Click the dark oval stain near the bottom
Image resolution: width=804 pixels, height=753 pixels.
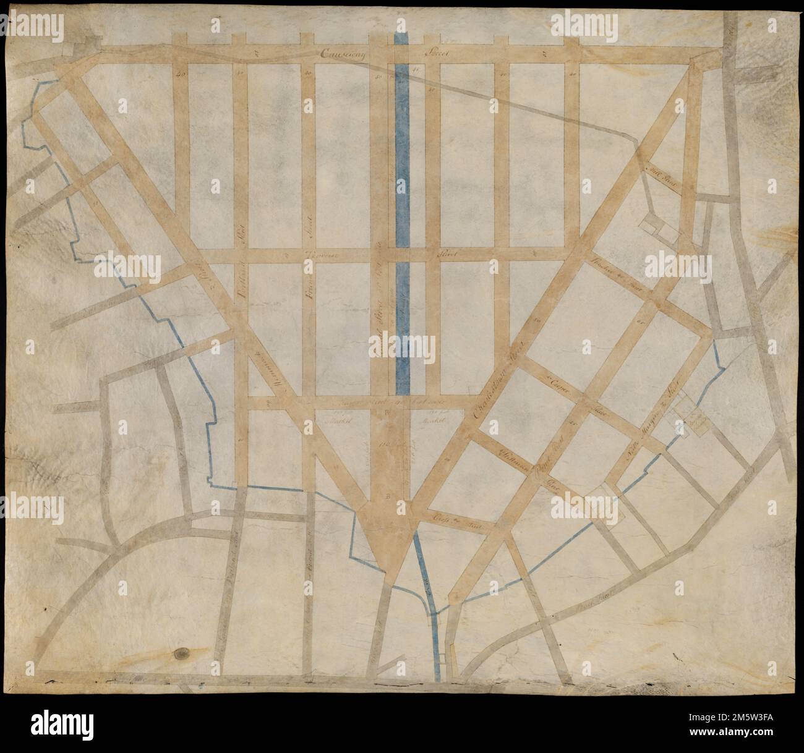point(182,653)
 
